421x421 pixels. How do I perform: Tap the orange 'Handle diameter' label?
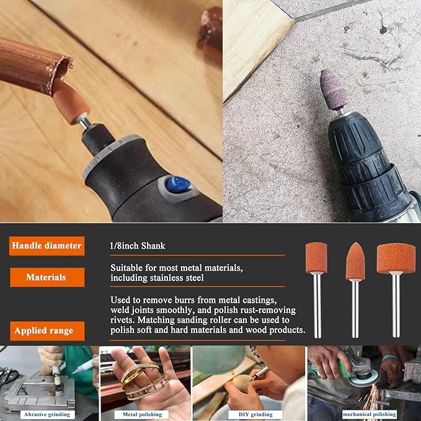tap(46, 246)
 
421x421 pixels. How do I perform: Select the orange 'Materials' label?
tap(46, 277)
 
